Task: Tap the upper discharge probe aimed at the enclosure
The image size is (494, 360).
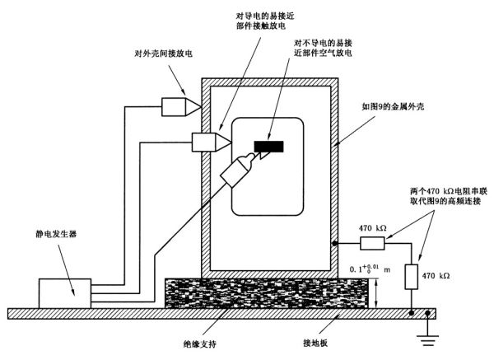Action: (179, 106)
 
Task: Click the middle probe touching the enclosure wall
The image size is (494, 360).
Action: (209, 142)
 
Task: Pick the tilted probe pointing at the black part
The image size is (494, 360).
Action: (235, 171)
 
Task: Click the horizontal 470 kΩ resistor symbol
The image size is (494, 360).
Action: (373, 244)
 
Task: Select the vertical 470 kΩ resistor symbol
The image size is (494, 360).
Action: (412, 277)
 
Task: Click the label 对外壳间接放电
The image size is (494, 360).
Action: (162, 54)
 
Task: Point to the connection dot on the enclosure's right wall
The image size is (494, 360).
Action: (335, 244)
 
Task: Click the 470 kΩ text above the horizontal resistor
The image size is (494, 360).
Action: (373, 228)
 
